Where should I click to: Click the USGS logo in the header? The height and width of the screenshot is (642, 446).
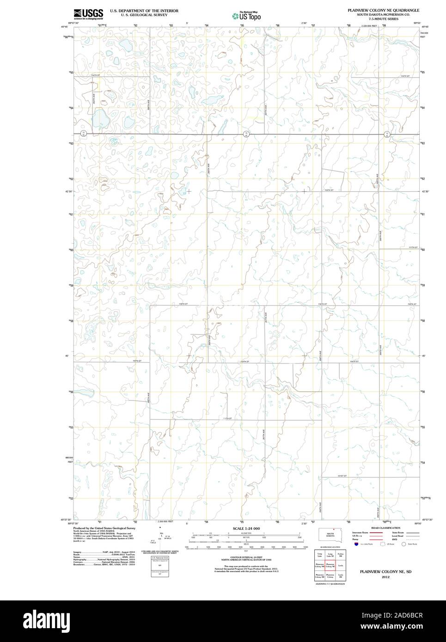88,13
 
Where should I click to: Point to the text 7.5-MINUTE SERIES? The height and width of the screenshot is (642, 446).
384,19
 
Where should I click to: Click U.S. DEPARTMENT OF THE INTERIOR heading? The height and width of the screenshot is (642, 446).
144,10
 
